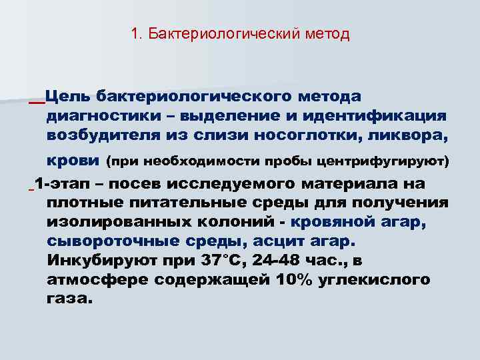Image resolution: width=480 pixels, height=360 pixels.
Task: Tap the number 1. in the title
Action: click(x=137, y=33)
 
